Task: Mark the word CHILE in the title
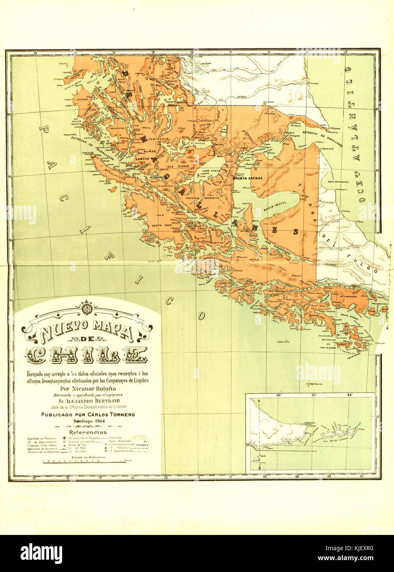point(86,355)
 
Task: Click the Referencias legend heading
point(88,432)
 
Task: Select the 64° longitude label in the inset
point(350,395)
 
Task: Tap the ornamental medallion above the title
point(86,309)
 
